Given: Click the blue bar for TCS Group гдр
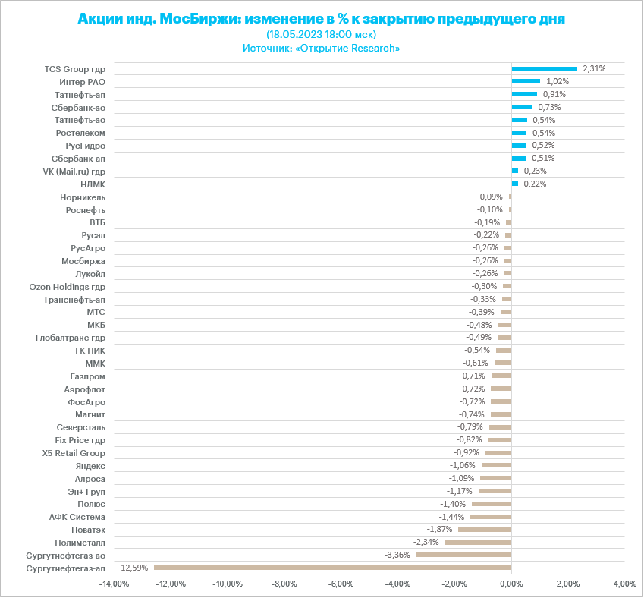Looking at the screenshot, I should click(544, 68).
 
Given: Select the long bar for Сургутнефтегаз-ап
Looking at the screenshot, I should click(332, 568).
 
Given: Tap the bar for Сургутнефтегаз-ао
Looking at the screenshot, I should click(463, 555).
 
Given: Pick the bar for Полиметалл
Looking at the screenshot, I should click(478, 542).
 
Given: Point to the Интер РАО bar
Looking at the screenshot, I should click(526, 81).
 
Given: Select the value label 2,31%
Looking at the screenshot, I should click(594, 68).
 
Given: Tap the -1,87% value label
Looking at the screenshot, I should click(440, 529).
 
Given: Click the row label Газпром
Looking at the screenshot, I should click(87, 376).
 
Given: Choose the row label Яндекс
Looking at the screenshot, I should click(90, 465).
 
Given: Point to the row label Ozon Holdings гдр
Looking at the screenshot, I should click(67, 287).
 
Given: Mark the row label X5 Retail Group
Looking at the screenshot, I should click(74, 452).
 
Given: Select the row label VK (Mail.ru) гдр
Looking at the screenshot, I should click(74, 171).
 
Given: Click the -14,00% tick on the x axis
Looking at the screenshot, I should click(114, 584).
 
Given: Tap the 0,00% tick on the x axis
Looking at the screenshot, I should click(511, 584).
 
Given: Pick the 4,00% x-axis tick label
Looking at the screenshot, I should click(624, 584).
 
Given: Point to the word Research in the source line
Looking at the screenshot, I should click(372, 48).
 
